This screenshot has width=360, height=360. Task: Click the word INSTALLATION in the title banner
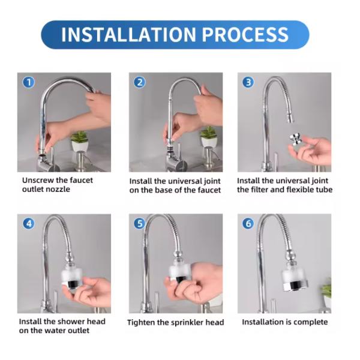pyautogui.click(x=128, y=34)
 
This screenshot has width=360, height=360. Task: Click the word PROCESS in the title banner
pyautogui.click(x=245, y=34)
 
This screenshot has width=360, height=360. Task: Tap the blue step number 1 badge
pyautogui.click(x=28, y=82)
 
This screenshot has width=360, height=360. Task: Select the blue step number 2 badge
pyautogui.click(x=139, y=82)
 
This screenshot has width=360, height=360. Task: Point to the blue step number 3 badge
pyautogui.click(x=248, y=82)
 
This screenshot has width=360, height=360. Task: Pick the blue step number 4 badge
pyautogui.click(x=28, y=224)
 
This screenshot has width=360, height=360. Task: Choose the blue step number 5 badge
pyautogui.click(x=139, y=224)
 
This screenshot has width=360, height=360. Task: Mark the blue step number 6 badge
pyautogui.click(x=248, y=224)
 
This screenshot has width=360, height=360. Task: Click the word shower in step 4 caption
pyautogui.click(x=61, y=322)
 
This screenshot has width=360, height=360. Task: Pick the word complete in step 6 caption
pyautogui.click(x=309, y=322)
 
